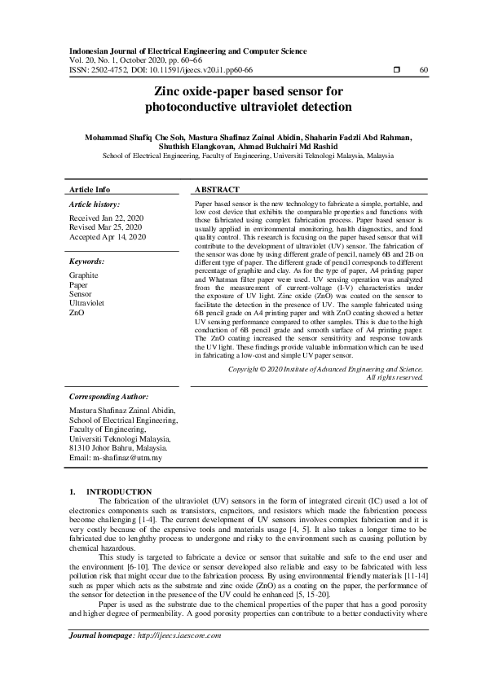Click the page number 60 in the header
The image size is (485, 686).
pos(423,71)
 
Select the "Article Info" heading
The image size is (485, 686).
pos(90,189)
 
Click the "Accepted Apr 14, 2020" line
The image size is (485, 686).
pos(108,237)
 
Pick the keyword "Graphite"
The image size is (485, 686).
pos(85,275)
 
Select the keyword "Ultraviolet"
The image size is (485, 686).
pos(88,303)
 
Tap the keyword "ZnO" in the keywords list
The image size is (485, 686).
pos(77,312)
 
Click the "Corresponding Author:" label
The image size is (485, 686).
pos(108,396)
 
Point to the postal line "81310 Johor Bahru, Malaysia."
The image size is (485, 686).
pos(119,448)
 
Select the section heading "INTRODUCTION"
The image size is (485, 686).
pos(119,491)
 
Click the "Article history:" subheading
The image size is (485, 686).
pos(95,204)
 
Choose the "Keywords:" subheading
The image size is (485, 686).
pos(86,262)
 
